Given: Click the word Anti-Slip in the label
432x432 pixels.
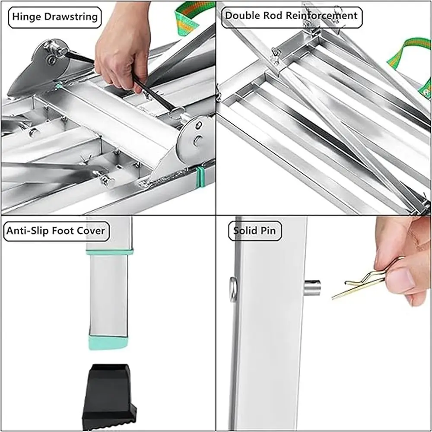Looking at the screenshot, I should [x=28, y=231].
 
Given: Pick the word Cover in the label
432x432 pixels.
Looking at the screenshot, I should [x=91, y=231].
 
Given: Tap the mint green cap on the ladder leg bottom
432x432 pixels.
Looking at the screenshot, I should [x=108, y=342].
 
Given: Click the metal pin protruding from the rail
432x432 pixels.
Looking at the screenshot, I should [x=311, y=287].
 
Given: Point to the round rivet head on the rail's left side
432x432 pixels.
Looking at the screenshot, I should [x=233, y=289].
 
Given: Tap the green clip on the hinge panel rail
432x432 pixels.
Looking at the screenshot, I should [x=199, y=177].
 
